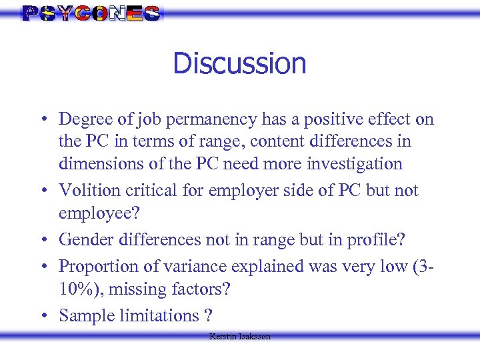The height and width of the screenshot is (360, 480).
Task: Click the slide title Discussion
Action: pos(239,64)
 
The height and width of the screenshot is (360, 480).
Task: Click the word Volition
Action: pos(87,191)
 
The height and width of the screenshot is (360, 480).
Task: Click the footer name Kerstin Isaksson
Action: pos(240,337)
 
